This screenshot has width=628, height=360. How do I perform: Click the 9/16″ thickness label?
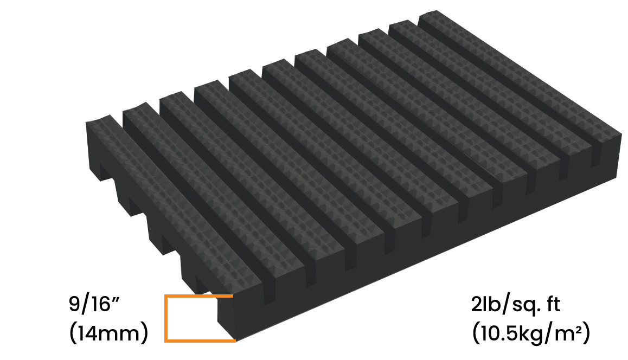[94, 304]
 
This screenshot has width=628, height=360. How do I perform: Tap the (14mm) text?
[108, 333]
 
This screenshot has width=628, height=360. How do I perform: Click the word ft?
[553, 304]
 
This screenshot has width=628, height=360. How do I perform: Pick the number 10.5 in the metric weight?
[499, 333]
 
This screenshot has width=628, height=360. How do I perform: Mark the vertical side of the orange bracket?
[166, 318]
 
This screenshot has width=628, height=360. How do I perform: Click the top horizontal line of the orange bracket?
[198, 297]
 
